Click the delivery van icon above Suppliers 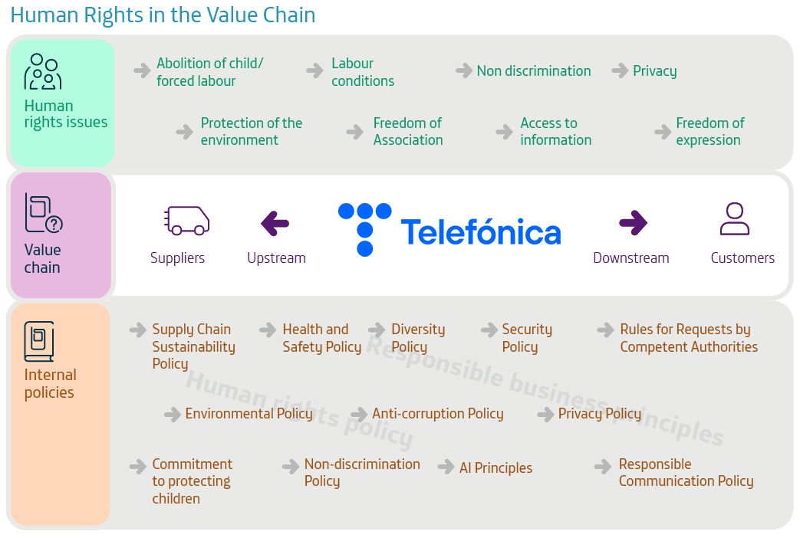tap(186, 220)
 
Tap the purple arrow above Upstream tap(275, 223)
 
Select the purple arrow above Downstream tap(633, 223)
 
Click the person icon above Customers tap(735, 218)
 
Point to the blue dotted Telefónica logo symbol tap(365, 229)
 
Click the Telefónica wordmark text tap(481, 232)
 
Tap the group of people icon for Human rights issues tap(43, 71)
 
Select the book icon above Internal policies tap(39, 341)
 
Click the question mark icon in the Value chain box tap(54, 225)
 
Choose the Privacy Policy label tap(600, 414)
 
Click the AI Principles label tap(495, 467)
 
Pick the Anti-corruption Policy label tap(438, 414)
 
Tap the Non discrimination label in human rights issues tap(534, 71)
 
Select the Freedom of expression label tap(709, 132)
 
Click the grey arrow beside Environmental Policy tap(173, 414)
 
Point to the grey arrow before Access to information tap(504, 132)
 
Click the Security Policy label tap(527, 338)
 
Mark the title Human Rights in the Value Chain tap(163, 15)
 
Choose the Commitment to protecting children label tap(192, 481)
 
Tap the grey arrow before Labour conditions tap(314, 71)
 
